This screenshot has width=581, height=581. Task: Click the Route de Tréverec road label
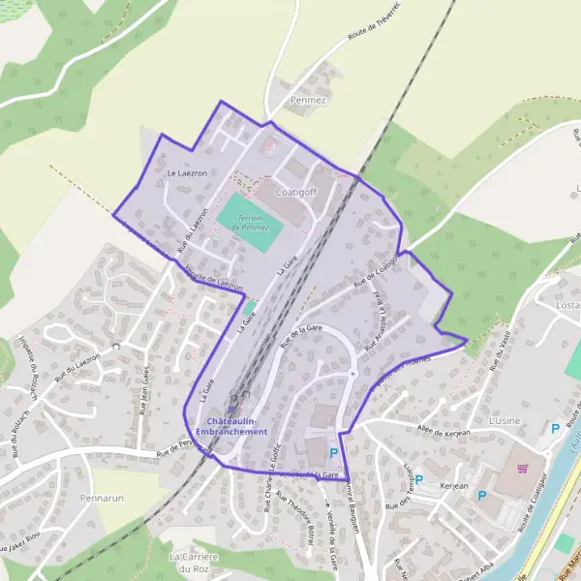374,40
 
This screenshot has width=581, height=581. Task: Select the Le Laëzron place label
186,173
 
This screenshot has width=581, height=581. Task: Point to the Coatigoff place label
297,192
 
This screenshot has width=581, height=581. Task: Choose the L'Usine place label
505,422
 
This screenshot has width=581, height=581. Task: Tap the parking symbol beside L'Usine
555,428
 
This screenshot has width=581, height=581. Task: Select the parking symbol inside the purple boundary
334,452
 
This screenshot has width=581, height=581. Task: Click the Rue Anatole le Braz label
377,321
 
